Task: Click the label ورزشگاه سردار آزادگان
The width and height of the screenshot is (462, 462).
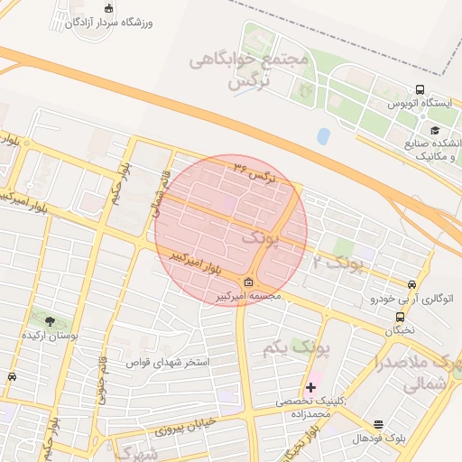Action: tap(109, 23)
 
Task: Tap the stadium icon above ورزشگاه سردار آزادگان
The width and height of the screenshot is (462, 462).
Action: tap(109, 9)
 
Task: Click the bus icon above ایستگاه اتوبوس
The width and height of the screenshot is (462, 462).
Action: tap(420, 90)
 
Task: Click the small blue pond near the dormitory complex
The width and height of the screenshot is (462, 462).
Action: tap(323, 136)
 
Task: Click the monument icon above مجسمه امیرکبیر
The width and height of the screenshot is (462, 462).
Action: tap(249, 282)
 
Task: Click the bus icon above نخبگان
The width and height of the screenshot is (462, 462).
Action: tap(400, 318)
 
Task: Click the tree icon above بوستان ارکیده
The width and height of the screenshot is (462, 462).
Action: tap(50, 320)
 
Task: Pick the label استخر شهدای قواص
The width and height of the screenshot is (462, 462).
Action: tap(171, 363)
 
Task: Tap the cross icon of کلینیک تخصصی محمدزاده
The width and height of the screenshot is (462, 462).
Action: tap(311, 387)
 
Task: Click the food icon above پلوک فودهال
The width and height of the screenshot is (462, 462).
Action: tap(377, 424)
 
